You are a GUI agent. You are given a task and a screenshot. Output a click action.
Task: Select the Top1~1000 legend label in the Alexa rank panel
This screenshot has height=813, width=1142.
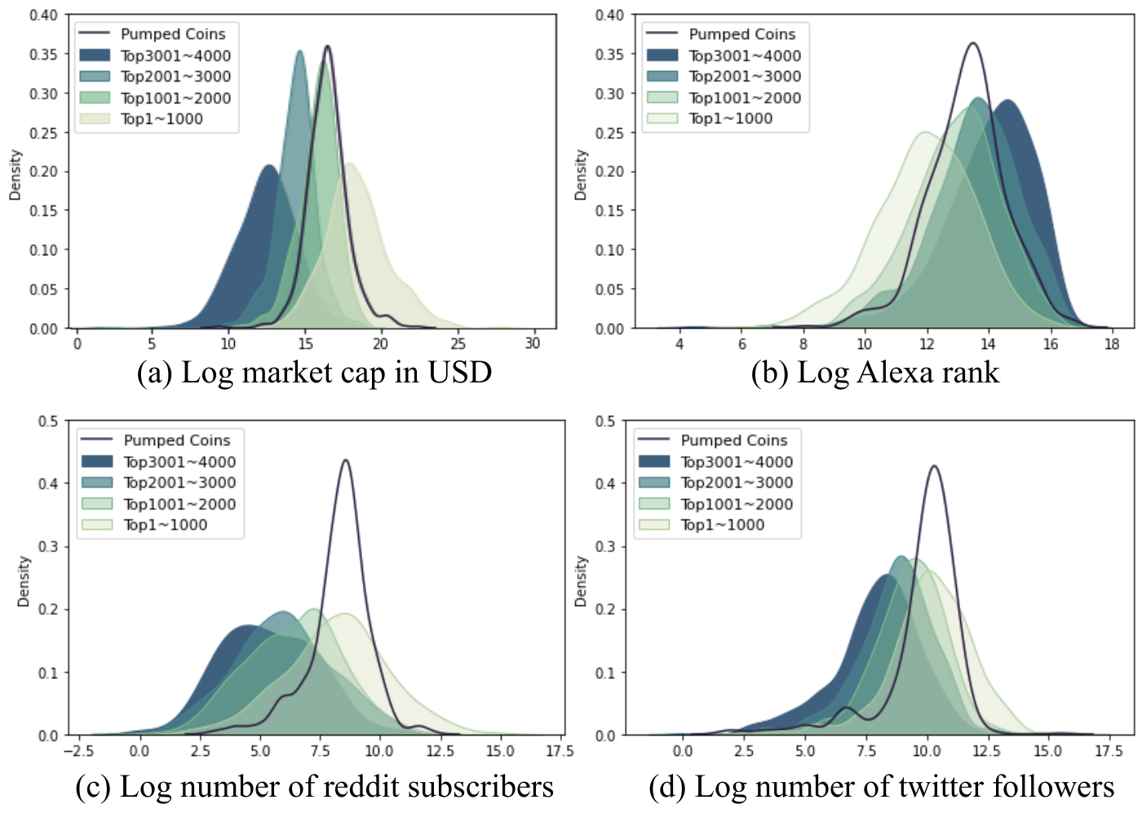731,119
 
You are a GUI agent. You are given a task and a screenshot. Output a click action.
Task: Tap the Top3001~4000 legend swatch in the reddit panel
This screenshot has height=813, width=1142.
97,462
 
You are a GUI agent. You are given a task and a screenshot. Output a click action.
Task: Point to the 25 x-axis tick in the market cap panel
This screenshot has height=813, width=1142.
458,344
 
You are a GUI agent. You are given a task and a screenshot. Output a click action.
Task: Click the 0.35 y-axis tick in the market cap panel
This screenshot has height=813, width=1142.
42,55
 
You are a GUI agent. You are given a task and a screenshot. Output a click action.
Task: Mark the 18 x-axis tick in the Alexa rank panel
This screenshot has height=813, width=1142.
1112,344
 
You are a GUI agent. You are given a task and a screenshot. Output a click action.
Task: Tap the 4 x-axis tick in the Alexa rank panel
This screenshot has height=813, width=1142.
679,344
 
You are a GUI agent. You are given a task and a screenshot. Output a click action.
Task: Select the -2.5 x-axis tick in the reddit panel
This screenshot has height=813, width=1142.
78,751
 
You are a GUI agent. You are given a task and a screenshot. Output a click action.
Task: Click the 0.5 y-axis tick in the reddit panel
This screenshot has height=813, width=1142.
48,421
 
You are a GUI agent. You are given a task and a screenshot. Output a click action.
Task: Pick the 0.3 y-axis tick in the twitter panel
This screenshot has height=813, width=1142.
605,546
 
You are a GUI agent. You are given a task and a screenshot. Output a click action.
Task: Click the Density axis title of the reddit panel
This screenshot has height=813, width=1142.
23,581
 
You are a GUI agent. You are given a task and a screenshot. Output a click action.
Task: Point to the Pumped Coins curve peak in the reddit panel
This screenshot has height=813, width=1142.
346,460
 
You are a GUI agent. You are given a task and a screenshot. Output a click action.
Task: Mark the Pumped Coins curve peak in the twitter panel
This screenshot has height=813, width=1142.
935,466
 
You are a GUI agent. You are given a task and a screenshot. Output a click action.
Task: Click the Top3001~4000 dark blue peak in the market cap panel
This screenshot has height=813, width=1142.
268,166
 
